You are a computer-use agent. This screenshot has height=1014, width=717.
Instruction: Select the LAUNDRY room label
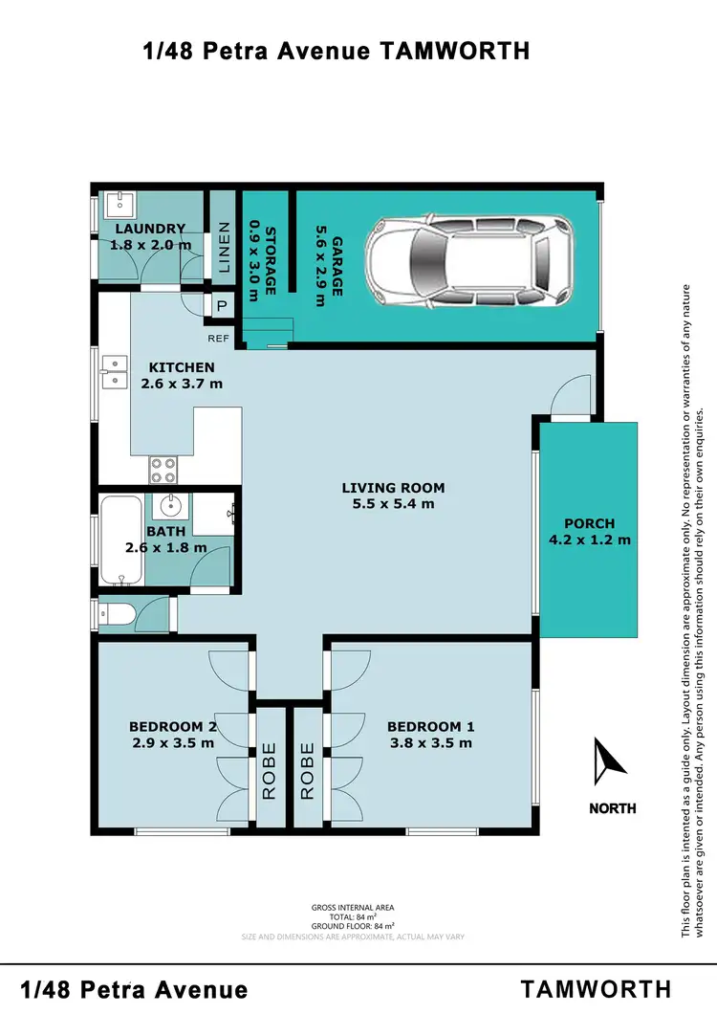pos(150,229)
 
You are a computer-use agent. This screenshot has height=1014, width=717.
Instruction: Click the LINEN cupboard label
pos(224,249)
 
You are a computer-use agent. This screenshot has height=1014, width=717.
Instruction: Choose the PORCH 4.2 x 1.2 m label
pos(589,531)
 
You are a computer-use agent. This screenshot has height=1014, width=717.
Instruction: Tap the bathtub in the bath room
pos(120,540)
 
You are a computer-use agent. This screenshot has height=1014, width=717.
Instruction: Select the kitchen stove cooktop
pos(163,469)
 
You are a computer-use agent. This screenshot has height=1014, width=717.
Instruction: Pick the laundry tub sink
pos(119,204)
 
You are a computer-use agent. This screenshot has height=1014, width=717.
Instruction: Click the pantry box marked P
pos(221,306)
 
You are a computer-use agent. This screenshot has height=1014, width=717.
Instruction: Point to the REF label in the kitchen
pos(219,338)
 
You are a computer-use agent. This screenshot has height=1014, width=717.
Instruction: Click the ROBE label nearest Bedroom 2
pos(269,769)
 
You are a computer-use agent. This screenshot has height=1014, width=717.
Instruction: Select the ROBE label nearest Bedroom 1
pos(307,769)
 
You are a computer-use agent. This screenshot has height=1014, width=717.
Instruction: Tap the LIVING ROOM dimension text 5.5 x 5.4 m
pos(394,503)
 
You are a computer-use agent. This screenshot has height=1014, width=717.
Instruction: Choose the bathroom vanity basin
pos(173,505)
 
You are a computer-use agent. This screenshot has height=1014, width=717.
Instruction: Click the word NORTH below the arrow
pos(612,808)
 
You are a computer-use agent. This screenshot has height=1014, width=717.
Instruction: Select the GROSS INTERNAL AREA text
pos(353,907)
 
